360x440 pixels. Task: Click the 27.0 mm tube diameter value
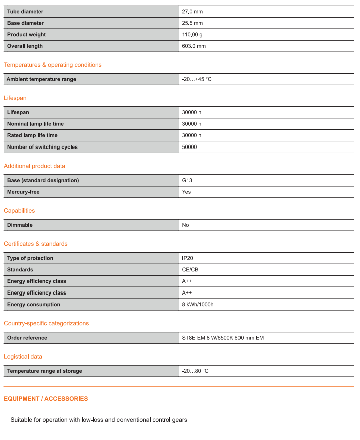pyautogui.click(x=192, y=11)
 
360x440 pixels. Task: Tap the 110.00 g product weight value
pyautogui.click(x=192, y=34)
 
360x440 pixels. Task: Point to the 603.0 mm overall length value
pyautogui.click(x=194, y=46)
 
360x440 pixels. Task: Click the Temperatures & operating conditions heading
pyautogui.click(x=53, y=65)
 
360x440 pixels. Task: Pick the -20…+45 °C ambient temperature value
pyautogui.click(x=197, y=79)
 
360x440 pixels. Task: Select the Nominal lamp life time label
pyautogui.click(x=35, y=124)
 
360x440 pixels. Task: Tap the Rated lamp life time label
pyautogui.click(x=32, y=135)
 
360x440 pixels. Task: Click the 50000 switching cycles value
pyautogui.click(x=189, y=147)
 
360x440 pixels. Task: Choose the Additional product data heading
pyautogui.click(x=34, y=166)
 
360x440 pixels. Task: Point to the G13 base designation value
pyautogui.click(x=187, y=180)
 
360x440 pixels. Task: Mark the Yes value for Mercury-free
pyautogui.click(x=186, y=192)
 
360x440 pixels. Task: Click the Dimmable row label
pyautogui.click(x=20, y=225)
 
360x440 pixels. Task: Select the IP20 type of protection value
pyautogui.click(x=188, y=258)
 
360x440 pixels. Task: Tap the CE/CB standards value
pyautogui.click(x=190, y=270)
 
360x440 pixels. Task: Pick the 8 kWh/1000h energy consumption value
pyautogui.click(x=198, y=305)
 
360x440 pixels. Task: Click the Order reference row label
pyautogui.click(x=27, y=338)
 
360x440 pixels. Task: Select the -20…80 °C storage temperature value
pyautogui.click(x=195, y=371)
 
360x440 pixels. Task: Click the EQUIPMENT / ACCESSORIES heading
pyautogui.click(x=46, y=399)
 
